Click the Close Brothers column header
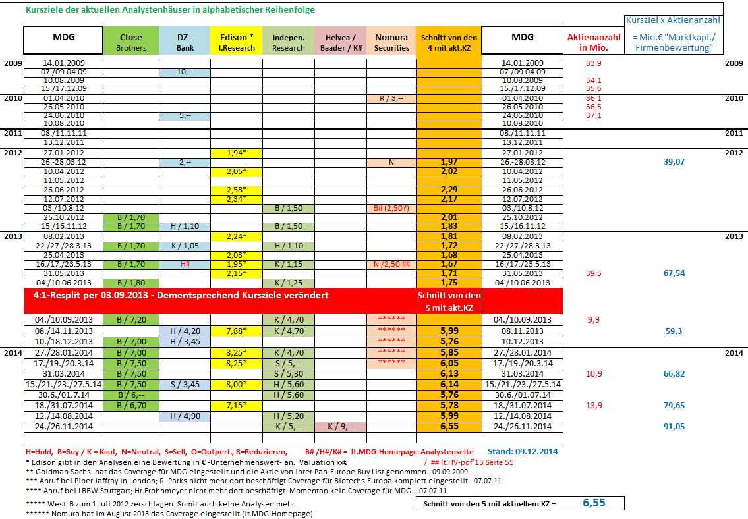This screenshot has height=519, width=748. [131, 41]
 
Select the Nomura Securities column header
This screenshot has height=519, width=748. [391, 41]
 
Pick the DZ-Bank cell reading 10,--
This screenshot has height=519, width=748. [185, 72]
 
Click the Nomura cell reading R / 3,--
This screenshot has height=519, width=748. [391, 98]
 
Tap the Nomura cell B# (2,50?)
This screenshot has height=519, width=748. [391, 208]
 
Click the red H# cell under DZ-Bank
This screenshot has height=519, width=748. [185, 264]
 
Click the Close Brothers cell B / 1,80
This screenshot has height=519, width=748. [131, 283]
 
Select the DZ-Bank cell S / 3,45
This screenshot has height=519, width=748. [185, 384]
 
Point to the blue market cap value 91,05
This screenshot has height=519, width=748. [673, 427]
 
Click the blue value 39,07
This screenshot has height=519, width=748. [673, 162]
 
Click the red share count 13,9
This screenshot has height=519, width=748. [594, 406]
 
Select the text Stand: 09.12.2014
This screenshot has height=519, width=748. [523, 452]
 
